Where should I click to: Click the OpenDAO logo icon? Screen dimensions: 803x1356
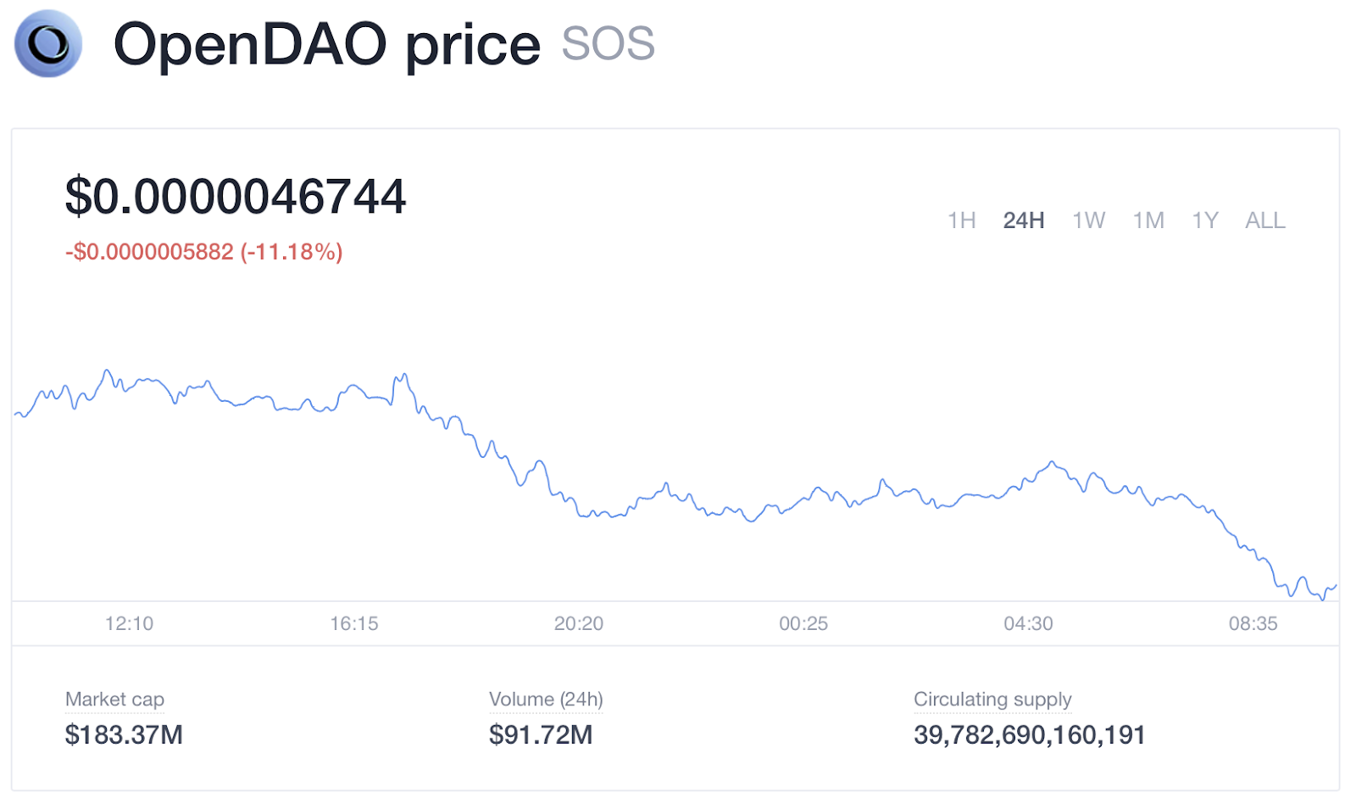pyautogui.click(x=48, y=43)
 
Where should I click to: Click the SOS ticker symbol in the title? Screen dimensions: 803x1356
pyautogui.click(x=608, y=43)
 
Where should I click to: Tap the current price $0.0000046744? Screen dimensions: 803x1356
pyautogui.click(x=236, y=197)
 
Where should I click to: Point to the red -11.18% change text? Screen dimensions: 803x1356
pyautogui.click(x=292, y=252)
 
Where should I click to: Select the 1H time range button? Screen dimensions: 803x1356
pyautogui.click(x=961, y=220)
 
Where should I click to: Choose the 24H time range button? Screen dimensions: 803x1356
pyautogui.click(x=1023, y=220)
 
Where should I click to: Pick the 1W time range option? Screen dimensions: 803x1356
pyautogui.click(x=1088, y=220)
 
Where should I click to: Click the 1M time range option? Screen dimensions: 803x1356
pyautogui.click(x=1148, y=220)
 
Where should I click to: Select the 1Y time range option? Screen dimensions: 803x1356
pyautogui.click(x=1204, y=220)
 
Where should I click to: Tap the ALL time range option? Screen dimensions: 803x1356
pyautogui.click(x=1264, y=220)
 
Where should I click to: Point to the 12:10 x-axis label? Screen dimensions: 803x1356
pyautogui.click(x=129, y=624)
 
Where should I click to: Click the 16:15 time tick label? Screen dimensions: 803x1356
pyautogui.click(x=354, y=624)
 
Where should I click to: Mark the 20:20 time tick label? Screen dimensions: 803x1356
pyautogui.click(x=579, y=624)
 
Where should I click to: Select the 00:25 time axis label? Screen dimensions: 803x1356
pyautogui.click(x=803, y=624)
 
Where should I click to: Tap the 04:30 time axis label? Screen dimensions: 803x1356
pyautogui.click(x=1028, y=624)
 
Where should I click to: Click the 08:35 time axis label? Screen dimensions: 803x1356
pyautogui.click(x=1253, y=624)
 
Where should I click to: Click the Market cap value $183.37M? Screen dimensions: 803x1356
pyautogui.click(x=124, y=734)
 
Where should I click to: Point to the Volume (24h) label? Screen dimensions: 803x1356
pyautogui.click(x=546, y=700)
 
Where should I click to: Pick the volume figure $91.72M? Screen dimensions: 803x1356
pyautogui.click(x=541, y=734)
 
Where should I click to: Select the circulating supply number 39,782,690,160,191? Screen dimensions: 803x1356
pyautogui.click(x=1029, y=734)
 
